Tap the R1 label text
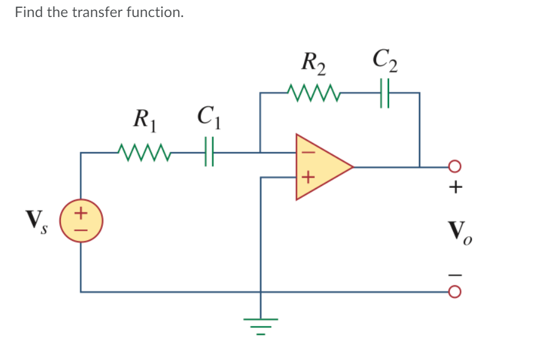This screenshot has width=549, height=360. [145, 119]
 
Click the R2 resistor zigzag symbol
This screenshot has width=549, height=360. [314, 92]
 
